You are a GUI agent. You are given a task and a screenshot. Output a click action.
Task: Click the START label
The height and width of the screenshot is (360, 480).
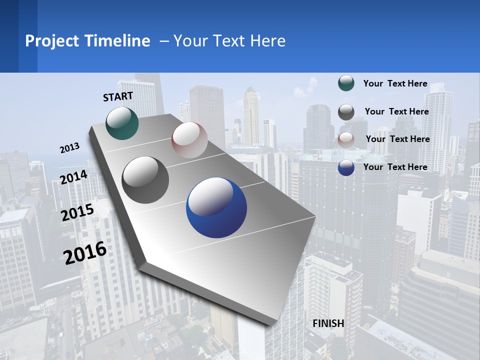pos(118,96)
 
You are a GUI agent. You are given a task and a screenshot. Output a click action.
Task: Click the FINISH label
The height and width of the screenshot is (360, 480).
pos(328,323)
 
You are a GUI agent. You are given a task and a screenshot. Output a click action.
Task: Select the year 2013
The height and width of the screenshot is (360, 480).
pos(70,148)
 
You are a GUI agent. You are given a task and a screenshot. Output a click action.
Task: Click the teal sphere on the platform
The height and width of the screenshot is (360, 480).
pos(122,123)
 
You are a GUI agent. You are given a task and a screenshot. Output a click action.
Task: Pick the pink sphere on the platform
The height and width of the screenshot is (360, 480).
pos(189,139)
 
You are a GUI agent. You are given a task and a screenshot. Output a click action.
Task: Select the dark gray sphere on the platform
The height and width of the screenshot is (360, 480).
pos(145,180)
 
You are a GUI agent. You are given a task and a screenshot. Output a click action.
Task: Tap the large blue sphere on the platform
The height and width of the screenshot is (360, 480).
pos(216,207)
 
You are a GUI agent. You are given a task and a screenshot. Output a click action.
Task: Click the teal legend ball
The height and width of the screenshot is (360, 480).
pos(346,83)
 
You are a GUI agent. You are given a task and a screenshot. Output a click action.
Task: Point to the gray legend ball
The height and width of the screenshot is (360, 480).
pos(346,111)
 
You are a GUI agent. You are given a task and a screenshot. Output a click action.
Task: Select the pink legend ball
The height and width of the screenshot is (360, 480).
pos(346,139)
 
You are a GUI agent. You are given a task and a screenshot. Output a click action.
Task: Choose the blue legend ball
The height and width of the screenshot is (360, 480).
pos(346,167)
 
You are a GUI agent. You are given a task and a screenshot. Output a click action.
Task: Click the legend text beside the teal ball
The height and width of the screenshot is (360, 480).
pos(395,84)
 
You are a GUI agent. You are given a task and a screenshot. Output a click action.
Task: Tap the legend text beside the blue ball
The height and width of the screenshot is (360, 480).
pos(395,167)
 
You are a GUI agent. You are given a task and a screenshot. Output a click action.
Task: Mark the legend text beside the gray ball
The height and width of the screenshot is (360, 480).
pos(396,111)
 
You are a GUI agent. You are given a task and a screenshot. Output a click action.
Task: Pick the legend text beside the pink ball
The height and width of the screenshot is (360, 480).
pos(397,139)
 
